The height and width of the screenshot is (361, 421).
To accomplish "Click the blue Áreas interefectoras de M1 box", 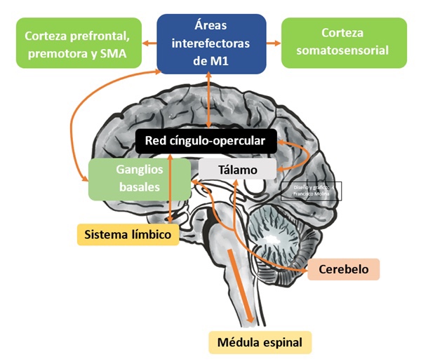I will coord(211,43).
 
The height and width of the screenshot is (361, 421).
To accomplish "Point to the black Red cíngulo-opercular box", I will coord(205,142).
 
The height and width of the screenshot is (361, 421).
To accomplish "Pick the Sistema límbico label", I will coord(126,234).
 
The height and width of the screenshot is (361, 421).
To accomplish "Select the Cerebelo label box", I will coord(343,269).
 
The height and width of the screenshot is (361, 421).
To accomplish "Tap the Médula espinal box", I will coord(260,343).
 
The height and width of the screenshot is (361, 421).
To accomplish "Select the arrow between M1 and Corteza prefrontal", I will coord(149,43).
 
